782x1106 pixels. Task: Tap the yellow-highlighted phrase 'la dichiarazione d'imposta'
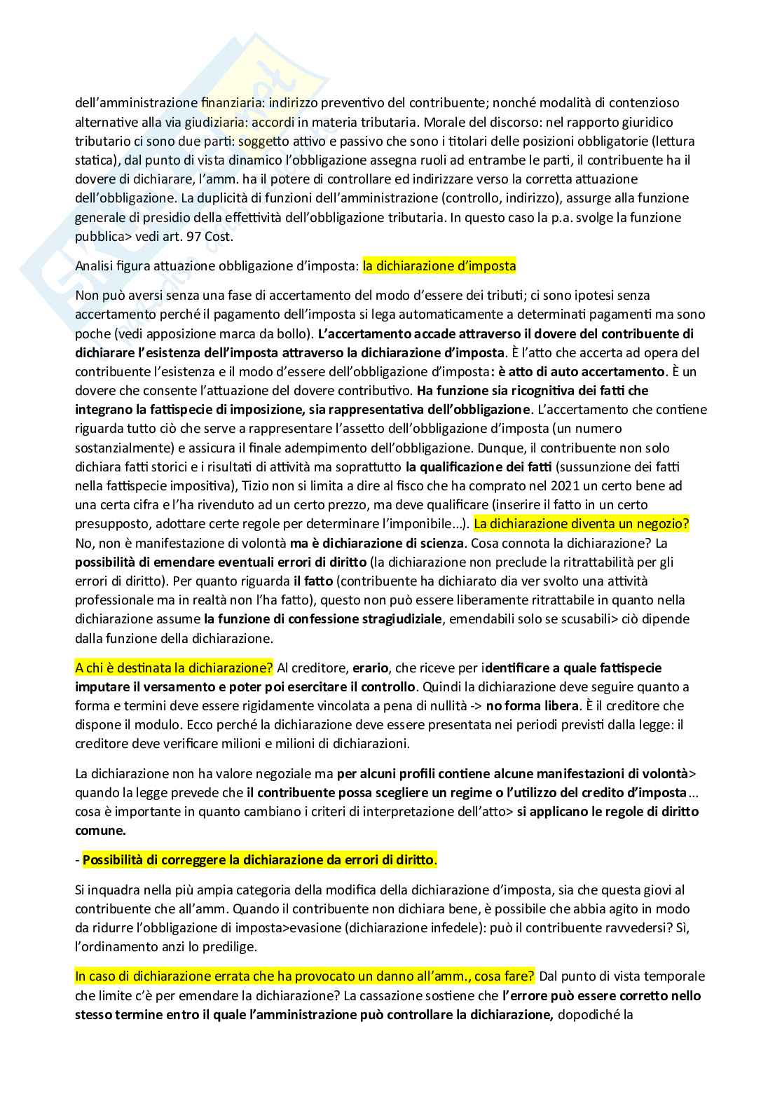439,266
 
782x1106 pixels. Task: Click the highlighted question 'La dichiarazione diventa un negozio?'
582,524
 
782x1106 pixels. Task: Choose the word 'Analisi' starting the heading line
95,266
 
